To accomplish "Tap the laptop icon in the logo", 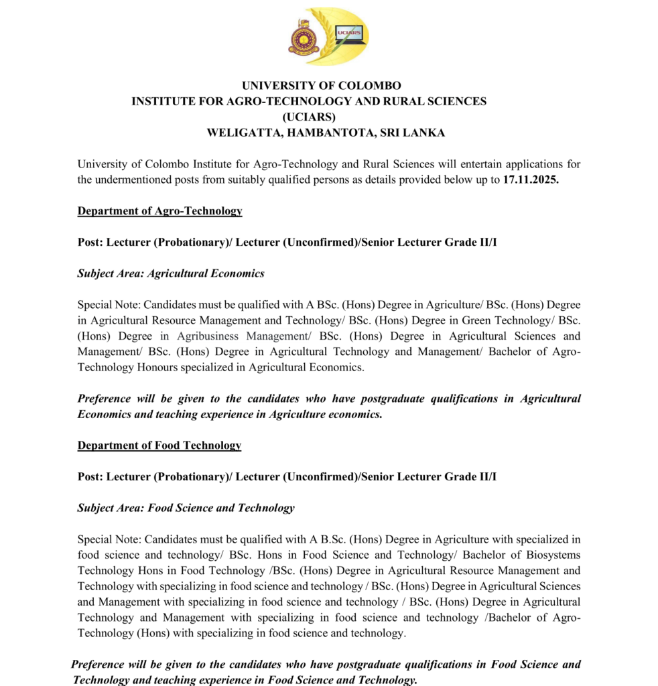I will (348, 34).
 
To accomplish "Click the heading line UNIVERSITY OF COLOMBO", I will (322, 86).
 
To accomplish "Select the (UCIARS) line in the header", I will (309, 117).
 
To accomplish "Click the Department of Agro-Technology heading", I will (159, 211).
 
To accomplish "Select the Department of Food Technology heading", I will (159, 445).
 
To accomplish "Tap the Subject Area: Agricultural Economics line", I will (171, 273).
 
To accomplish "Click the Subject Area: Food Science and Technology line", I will (186, 508).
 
